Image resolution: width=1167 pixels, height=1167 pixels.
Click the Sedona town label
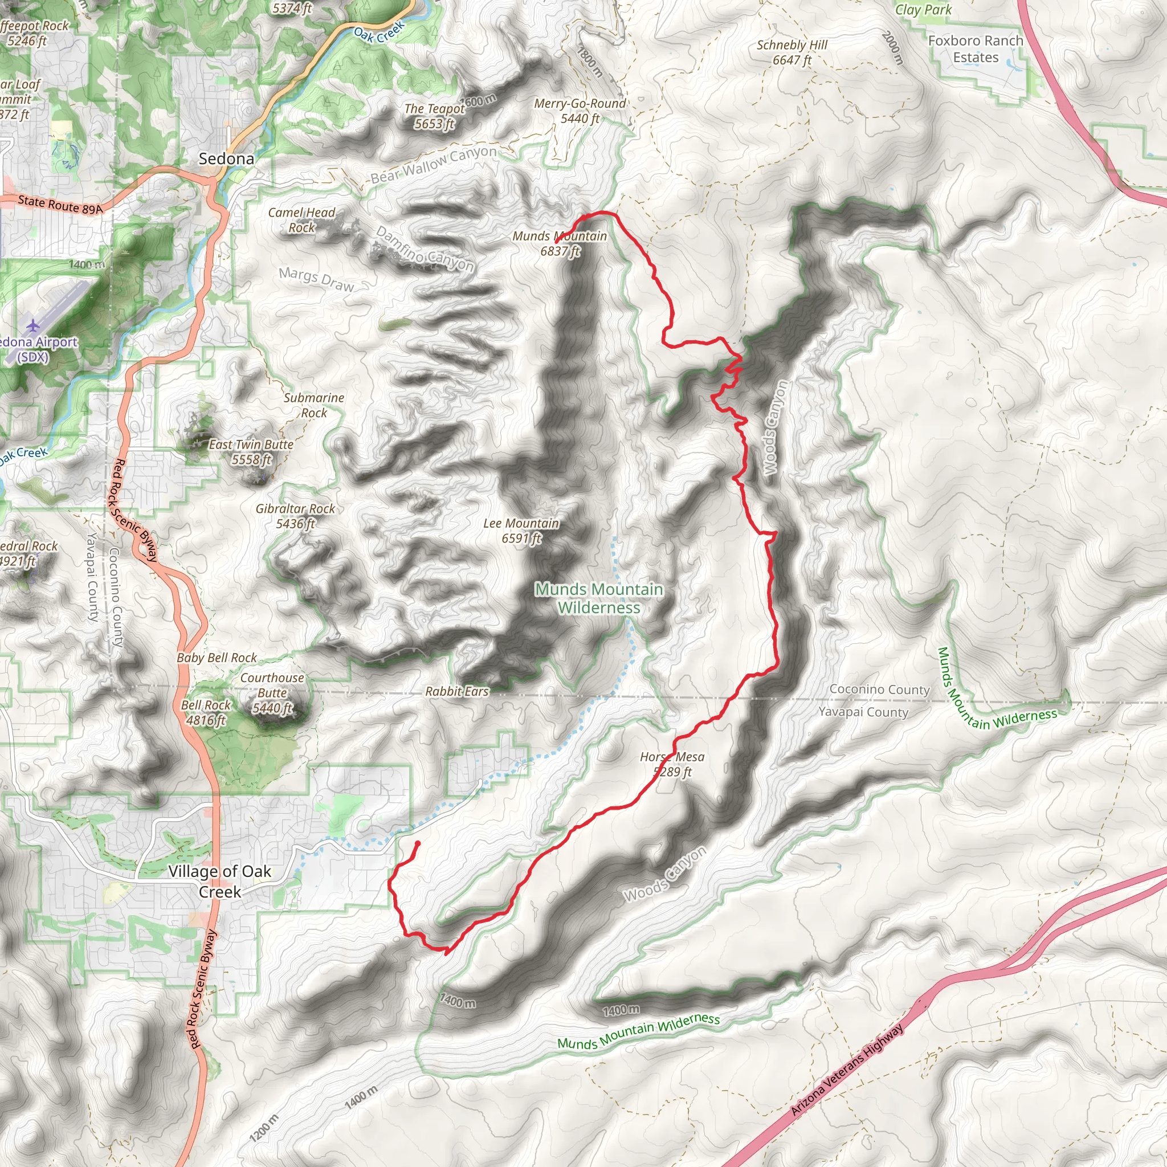(x=227, y=159)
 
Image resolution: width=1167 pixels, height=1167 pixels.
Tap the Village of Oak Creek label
(x=220, y=882)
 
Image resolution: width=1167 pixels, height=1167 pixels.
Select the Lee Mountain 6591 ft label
(x=521, y=531)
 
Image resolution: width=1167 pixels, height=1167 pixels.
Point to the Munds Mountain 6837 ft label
(x=560, y=243)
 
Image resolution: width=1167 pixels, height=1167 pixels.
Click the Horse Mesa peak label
(x=672, y=764)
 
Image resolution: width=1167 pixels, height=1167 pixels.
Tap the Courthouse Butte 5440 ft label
(x=272, y=693)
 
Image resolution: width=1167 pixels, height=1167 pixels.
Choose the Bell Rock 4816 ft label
(x=206, y=713)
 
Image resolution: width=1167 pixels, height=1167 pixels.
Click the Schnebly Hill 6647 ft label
(x=792, y=52)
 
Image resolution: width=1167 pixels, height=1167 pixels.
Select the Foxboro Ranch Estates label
(x=976, y=49)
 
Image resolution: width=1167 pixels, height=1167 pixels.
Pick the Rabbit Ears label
(x=456, y=692)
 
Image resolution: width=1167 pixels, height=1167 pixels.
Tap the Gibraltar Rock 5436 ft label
(x=295, y=516)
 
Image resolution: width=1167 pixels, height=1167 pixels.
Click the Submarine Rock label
(x=314, y=405)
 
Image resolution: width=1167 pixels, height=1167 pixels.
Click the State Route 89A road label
(x=60, y=205)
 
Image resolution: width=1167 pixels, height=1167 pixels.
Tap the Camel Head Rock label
(x=301, y=220)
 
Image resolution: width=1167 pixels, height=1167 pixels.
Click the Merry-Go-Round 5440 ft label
(x=580, y=111)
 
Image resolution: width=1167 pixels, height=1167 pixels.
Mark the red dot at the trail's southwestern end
(x=417, y=844)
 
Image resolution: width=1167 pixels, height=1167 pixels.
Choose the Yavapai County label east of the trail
(x=863, y=712)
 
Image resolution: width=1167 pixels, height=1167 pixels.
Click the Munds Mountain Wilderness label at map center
(x=599, y=598)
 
